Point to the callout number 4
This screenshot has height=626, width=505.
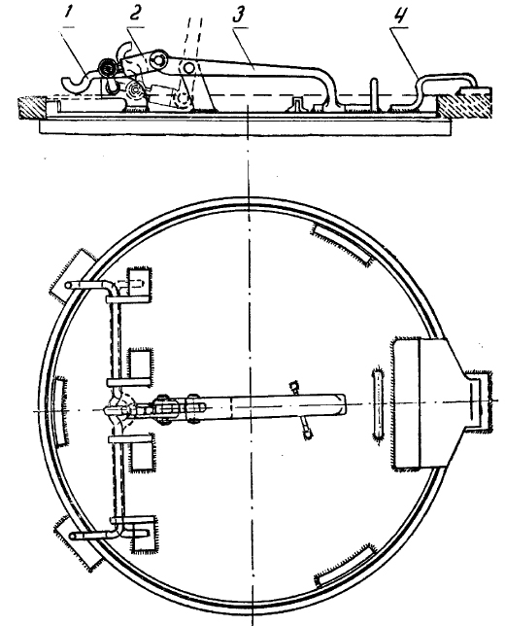(397, 16)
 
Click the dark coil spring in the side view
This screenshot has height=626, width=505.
(107, 68)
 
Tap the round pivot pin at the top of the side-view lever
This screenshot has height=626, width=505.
(158, 59)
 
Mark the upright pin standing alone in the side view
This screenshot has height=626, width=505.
(374, 92)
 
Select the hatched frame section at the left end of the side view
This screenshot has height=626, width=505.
(31, 107)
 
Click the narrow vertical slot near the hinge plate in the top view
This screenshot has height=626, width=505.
(378, 402)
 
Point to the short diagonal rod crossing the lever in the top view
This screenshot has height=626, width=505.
(302, 410)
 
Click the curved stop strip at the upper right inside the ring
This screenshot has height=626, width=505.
(343, 245)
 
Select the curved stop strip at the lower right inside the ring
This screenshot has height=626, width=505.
(346, 565)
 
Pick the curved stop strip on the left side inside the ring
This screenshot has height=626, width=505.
(59, 411)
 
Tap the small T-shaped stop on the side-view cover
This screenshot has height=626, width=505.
(299, 104)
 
